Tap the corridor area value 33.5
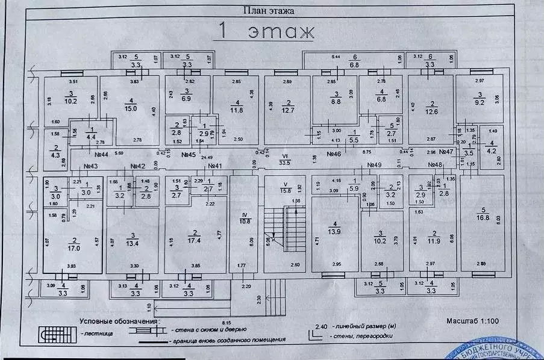tap(284, 162)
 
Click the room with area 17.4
tap(195, 241)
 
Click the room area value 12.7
tap(289, 110)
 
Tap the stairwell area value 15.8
tap(284, 191)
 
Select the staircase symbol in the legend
tap(52, 332)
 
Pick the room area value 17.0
tap(75, 246)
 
